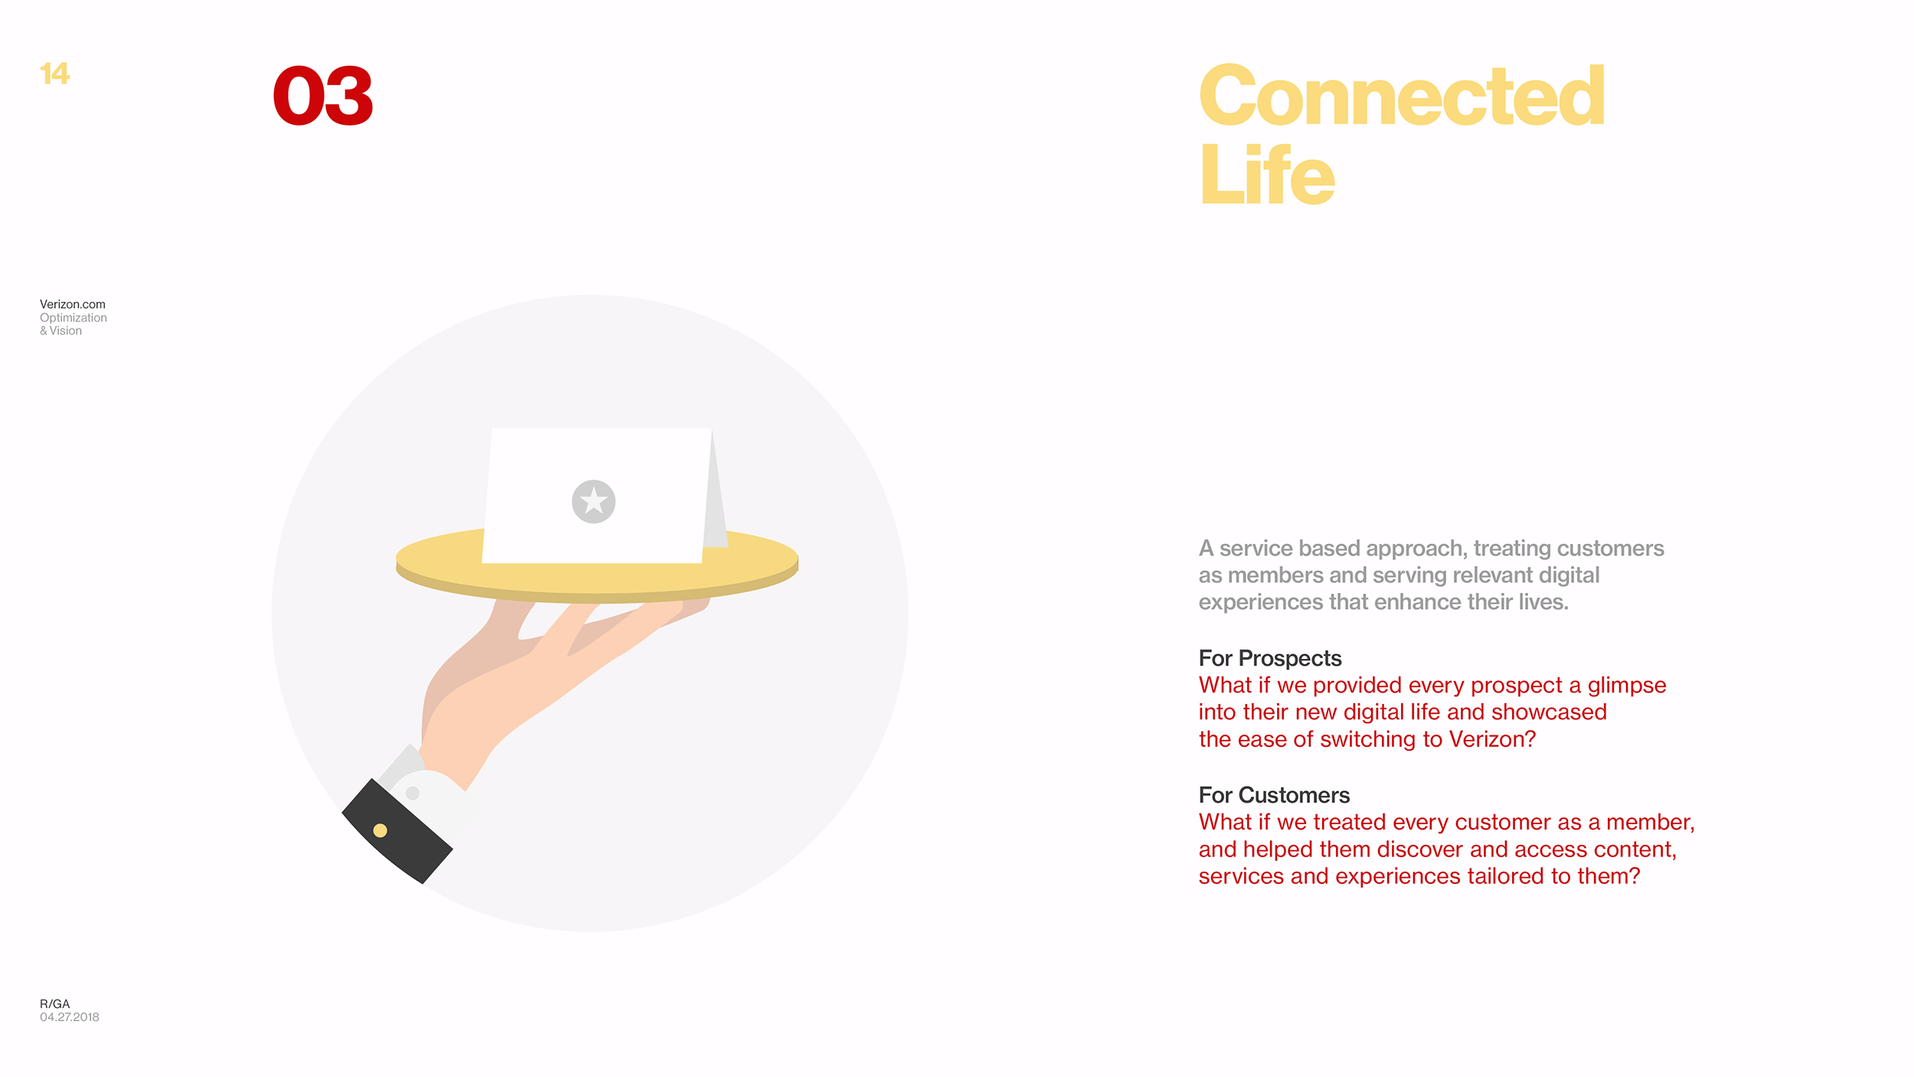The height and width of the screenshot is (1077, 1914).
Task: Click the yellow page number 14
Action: pos(54,74)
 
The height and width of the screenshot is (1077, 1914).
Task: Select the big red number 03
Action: pos(323,96)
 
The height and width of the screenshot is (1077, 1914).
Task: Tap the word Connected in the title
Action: pos(1402,96)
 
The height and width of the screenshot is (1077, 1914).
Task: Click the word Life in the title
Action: pos(1267,175)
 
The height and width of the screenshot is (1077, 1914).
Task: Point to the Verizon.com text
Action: pos(73,304)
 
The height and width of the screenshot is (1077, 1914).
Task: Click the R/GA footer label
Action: pos(55,1003)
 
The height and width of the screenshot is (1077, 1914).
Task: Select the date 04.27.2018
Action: pos(70,1017)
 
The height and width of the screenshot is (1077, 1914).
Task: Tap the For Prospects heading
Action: pos(1270,658)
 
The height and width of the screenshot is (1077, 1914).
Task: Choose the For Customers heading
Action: pos(1274,795)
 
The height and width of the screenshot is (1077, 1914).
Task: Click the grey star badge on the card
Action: pos(593,502)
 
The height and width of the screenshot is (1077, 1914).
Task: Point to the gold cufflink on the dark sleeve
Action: pos(380,830)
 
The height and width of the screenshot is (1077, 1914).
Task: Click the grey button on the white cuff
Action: pos(413,793)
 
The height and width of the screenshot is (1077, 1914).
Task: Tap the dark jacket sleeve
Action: pos(397,831)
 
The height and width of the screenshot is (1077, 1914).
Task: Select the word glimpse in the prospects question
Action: pos(1627,686)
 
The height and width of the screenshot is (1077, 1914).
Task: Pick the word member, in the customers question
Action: pos(1651,823)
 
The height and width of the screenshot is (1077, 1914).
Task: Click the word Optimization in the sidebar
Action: pos(73,318)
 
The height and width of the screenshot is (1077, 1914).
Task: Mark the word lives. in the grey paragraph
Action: pos(1543,602)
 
